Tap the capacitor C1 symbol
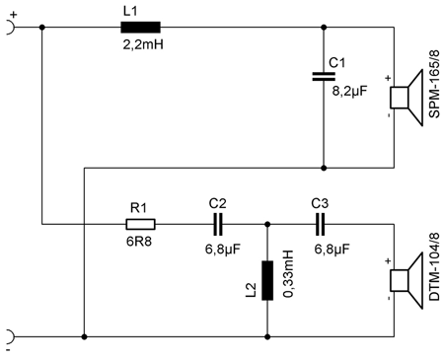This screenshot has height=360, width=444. [324, 76]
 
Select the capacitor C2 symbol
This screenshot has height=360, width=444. [217, 224]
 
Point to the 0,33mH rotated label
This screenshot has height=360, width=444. [289, 279]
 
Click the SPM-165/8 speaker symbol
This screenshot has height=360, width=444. [404, 97]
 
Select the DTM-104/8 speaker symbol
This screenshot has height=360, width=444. [404, 280]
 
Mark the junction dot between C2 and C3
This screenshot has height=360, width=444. [266, 224]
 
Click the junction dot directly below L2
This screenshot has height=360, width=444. [266, 335]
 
